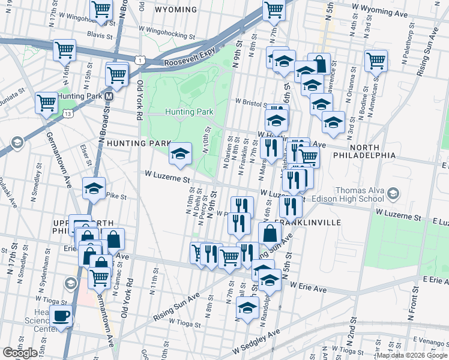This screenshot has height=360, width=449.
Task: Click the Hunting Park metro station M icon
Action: pos(109,96)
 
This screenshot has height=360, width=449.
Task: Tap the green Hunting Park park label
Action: pos(189,112)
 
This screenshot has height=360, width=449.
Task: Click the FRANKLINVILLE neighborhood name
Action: pos(316,222)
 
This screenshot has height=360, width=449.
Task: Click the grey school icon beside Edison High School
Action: pos(393,193)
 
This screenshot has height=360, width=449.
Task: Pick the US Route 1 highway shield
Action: pos(139,59)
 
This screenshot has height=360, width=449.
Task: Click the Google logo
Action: pos(20,353)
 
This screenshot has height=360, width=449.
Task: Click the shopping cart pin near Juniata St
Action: pos(46,103)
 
